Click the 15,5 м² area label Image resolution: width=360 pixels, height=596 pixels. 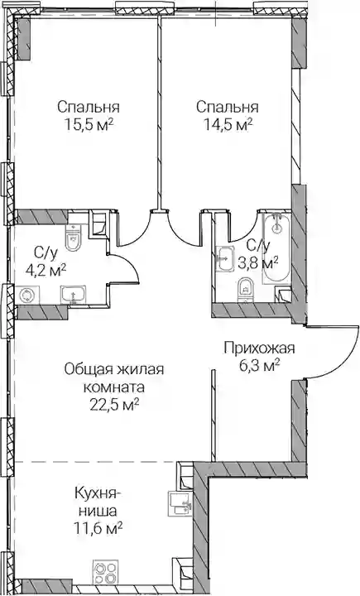(x=89, y=125)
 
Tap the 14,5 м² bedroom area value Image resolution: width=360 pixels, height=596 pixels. (x=228, y=125)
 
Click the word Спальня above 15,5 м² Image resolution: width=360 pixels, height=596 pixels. (x=89, y=107)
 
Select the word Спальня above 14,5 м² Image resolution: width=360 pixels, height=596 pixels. (x=228, y=107)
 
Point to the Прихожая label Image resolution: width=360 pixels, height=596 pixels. (x=259, y=348)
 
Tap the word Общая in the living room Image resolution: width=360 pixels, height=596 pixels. (x=88, y=369)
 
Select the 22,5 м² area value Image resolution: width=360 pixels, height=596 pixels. (x=114, y=405)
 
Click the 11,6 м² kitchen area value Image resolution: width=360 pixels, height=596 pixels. (x=98, y=528)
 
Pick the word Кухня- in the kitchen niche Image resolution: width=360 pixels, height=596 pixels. (x=98, y=493)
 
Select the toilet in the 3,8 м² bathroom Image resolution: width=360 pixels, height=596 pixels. (x=246, y=291)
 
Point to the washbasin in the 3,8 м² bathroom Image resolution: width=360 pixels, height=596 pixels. (x=224, y=259)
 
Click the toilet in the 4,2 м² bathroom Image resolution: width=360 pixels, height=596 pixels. (x=73, y=238)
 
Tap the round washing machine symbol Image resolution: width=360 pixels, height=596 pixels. (x=27, y=295)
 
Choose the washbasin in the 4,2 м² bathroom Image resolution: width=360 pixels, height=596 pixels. (x=73, y=296)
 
